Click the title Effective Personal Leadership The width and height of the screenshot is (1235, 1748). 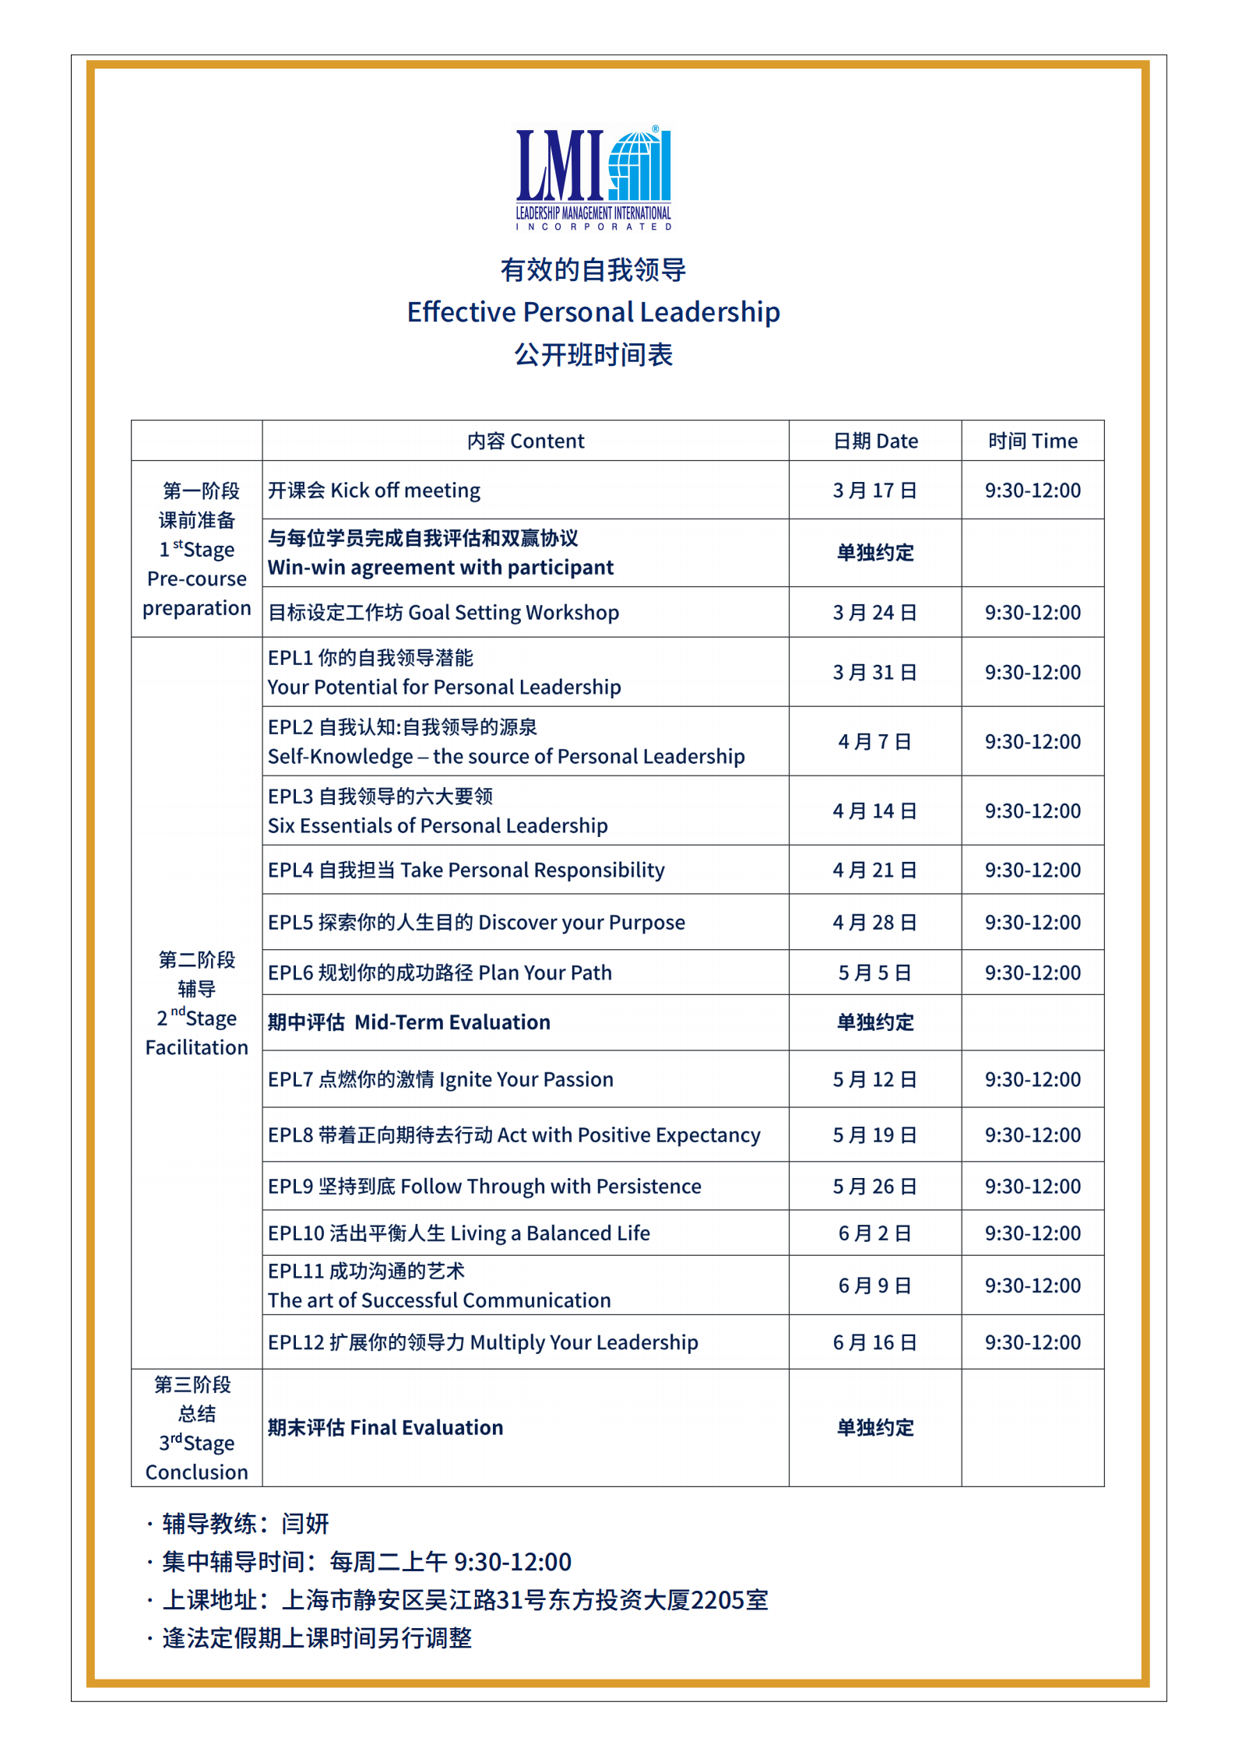[x=593, y=312]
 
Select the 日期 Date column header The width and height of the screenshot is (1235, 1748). [x=875, y=441]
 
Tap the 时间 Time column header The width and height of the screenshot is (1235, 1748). [x=1033, y=441]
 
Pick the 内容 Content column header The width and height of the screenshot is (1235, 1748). [x=526, y=441]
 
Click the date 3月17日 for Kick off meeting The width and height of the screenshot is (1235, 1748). [x=875, y=491]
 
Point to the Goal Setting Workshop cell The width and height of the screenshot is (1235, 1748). [x=444, y=613]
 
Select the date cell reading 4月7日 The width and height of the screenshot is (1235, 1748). [x=875, y=742]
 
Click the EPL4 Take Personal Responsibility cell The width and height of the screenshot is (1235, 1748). [x=466, y=870]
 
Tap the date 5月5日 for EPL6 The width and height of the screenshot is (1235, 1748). [x=875, y=973]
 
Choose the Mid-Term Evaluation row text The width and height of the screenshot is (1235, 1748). [x=409, y=1022]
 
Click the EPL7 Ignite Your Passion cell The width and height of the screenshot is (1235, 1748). [x=441, y=1080]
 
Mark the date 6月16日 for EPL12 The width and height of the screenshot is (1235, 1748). [x=875, y=1343]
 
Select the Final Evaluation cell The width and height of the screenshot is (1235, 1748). [x=385, y=1428]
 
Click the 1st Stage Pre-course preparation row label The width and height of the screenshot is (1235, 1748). [x=197, y=550]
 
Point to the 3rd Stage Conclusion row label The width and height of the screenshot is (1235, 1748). [x=197, y=1429]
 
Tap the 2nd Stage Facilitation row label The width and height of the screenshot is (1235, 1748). [x=197, y=1004]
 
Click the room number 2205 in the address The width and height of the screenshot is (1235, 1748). [x=716, y=1600]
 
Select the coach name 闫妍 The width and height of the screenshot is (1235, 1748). [x=305, y=1524]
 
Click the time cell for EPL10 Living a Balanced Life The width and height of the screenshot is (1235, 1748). [x=1033, y=1233]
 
